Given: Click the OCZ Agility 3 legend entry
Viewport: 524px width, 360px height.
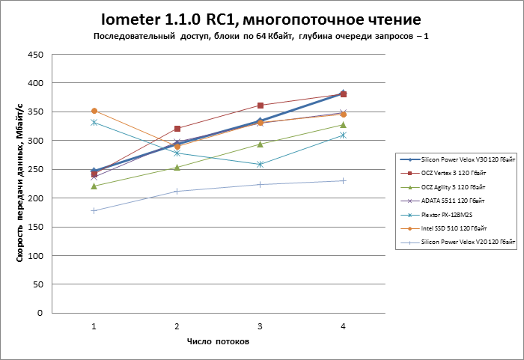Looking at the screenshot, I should [x=457, y=188].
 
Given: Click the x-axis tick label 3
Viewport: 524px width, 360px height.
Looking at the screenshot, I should [x=260, y=326].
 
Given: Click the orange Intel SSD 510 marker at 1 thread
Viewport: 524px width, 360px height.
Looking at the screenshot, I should [x=94, y=111].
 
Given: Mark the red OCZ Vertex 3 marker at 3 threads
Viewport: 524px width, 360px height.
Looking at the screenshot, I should [x=260, y=106].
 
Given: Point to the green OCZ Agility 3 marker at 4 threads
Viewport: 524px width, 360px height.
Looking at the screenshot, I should [x=343, y=125].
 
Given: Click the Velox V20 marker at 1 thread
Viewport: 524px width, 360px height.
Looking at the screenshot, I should [x=94, y=210].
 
